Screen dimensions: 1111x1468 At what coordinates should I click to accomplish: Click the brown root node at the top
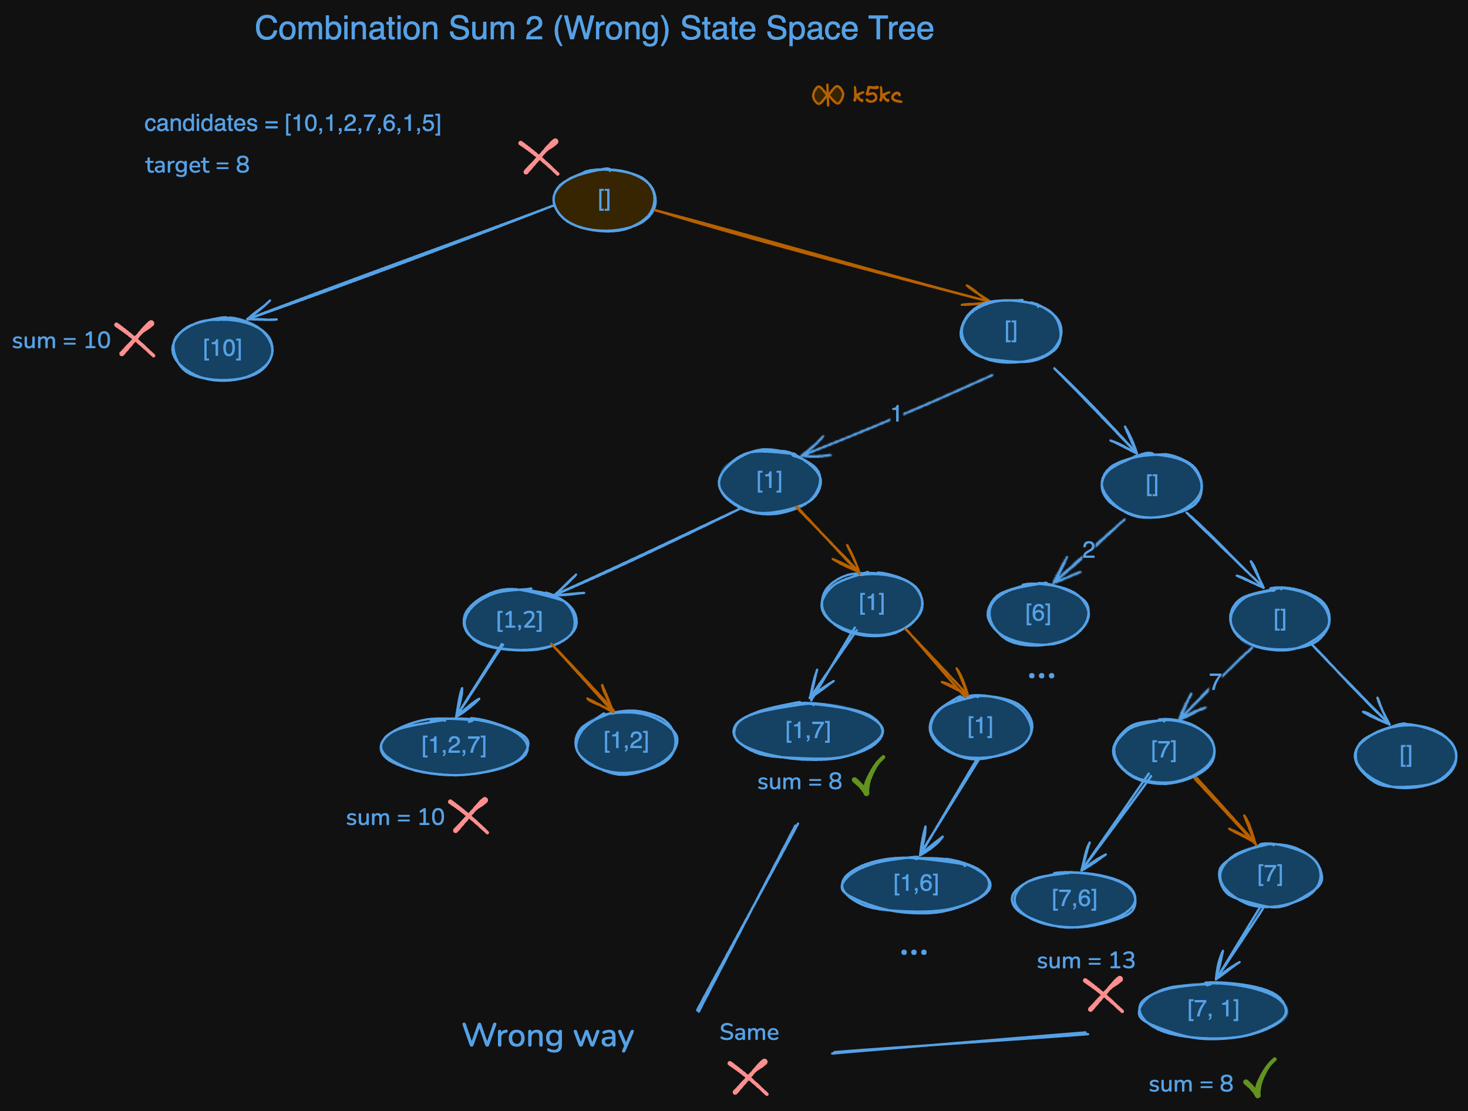604,200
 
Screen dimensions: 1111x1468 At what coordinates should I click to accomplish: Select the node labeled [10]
223,349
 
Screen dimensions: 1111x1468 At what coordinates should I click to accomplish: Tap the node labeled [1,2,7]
454,745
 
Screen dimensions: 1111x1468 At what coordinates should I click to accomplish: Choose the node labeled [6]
1038,614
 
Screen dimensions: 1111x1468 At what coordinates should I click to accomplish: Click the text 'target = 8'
197,164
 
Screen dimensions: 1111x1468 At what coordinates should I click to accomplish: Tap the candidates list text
292,123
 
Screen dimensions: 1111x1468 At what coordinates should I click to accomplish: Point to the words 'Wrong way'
547,1035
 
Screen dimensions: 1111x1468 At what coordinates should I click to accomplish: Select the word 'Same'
749,1032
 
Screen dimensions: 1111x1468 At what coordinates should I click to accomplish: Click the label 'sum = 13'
1086,960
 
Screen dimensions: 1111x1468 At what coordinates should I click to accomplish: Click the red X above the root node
540,157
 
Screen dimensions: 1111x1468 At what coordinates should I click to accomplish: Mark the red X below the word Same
749,1078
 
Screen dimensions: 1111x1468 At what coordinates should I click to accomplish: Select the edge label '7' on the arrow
1214,682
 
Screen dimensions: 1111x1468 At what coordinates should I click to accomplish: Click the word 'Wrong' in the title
611,29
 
